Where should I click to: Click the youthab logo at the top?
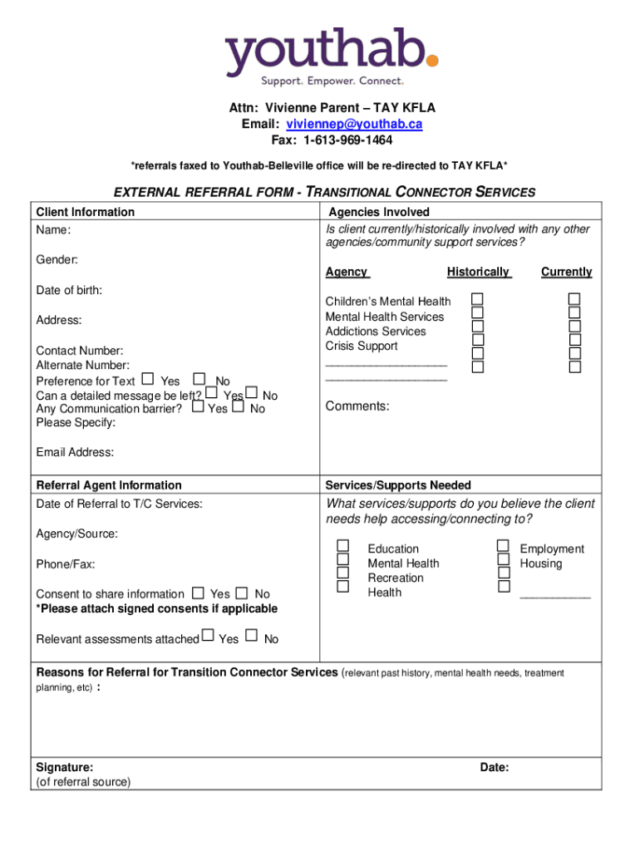point(331,56)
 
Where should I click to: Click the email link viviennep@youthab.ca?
point(355,124)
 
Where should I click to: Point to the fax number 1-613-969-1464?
point(348,140)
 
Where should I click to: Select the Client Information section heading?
point(85,212)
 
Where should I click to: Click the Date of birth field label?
point(69,291)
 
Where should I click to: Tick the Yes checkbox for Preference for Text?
point(147,380)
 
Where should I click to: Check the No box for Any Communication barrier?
point(238,406)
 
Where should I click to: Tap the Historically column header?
point(478,272)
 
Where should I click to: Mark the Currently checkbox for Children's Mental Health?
point(574,299)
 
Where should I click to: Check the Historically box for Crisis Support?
point(478,340)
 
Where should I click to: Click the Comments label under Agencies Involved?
point(357,406)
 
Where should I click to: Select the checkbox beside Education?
point(343,546)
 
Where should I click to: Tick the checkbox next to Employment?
point(503,546)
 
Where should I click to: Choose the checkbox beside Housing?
point(503,559)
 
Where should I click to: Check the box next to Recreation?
point(343,573)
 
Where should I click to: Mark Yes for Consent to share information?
point(198,593)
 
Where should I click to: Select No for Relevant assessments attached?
point(252,637)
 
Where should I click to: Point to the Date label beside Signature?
point(495,767)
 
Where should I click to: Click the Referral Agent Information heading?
point(109,485)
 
